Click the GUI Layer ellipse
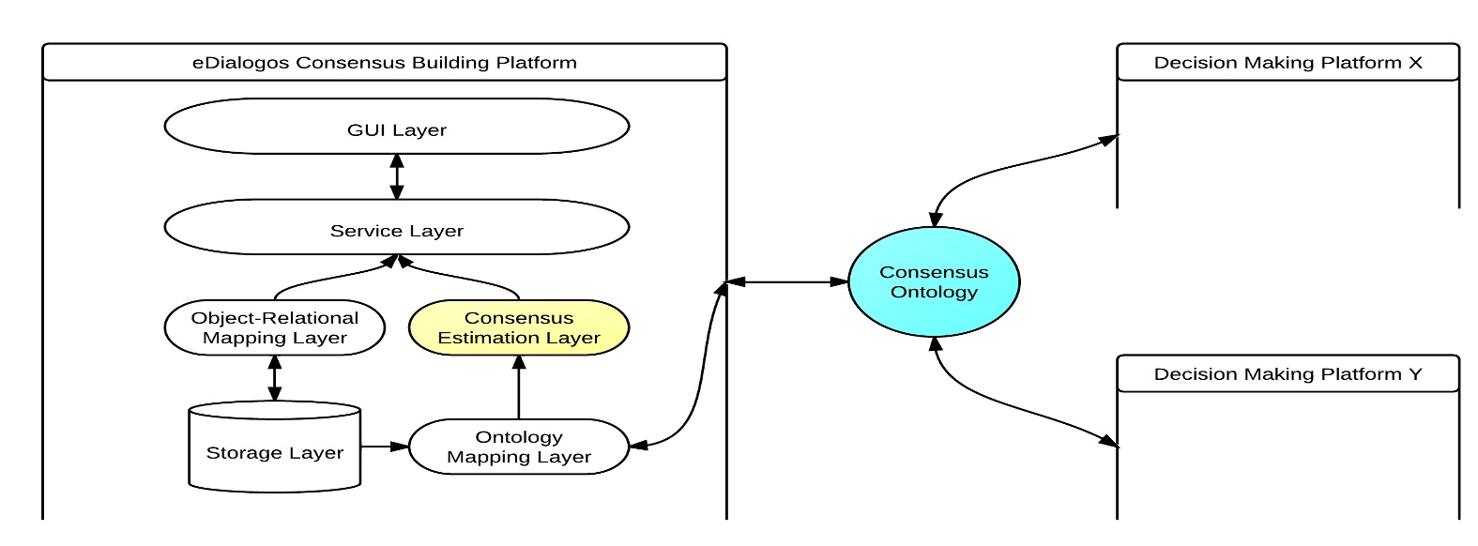396,127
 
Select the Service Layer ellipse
396,228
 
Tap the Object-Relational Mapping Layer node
274,327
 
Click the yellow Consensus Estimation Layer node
518,327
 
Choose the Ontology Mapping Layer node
518,447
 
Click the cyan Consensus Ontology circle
934,281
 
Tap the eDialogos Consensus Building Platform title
384,63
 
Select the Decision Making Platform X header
1288,63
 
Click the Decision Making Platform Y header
1288,374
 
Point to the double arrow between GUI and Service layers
397,176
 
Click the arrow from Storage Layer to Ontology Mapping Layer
385,447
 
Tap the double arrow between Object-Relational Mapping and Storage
274,377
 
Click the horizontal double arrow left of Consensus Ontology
786,281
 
